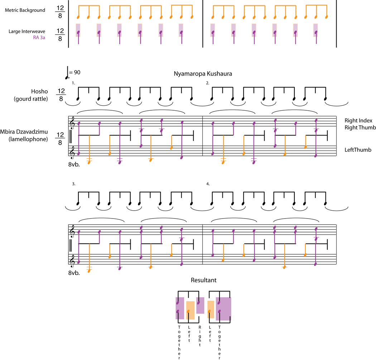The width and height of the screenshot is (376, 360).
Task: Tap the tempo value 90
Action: (77, 72)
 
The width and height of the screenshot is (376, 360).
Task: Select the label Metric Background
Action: (25, 10)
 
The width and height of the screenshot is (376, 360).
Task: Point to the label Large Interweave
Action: (27, 32)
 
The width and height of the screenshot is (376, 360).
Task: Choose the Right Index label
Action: (358, 120)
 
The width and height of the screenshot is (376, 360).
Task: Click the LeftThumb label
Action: (358, 150)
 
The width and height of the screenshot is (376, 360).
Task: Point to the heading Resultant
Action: (203, 280)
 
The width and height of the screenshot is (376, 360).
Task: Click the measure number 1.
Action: (73, 83)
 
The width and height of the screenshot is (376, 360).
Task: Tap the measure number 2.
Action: (208, 83)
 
